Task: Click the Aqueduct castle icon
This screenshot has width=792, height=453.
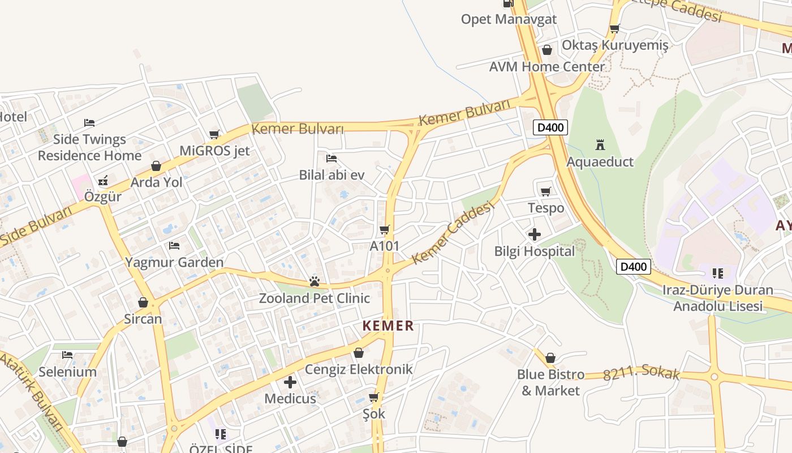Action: pos(600,145)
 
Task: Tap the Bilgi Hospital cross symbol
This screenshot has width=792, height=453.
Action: pos(534,234)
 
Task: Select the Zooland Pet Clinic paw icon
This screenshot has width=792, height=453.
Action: pos(315,281)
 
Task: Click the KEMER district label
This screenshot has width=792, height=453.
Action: pos(388,326)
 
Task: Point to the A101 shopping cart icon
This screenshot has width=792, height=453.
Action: pos(385,229)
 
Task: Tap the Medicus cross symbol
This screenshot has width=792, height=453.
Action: pos(290,382)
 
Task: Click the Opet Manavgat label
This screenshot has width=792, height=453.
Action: pos(509,19)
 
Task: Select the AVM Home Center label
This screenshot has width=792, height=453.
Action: pos(547,67)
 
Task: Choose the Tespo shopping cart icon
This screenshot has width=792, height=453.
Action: pos(546,191)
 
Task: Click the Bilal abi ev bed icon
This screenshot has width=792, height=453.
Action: pos(332,159)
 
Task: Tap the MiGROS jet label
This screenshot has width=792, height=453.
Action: pos(214,151)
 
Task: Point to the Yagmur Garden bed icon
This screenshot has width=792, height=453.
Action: pos(174,246)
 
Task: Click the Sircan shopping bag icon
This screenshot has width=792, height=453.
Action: pos(143,302)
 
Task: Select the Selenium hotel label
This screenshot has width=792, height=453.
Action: pos(67,372)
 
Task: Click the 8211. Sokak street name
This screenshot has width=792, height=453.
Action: pos(641,375)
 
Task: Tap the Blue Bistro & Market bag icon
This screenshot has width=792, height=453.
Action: pos(550,358)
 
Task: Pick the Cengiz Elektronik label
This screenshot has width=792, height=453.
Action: pos(359,370)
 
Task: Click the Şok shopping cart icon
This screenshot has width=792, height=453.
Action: pos(373,397)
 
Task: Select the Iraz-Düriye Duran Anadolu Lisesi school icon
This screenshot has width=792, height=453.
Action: pos(718,274)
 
